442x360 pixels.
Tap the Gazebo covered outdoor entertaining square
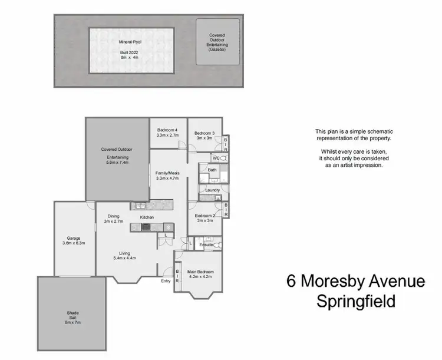217,41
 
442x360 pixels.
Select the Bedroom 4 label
167,130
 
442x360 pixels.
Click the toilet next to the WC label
223,158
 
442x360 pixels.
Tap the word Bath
212,170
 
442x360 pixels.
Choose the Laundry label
212,190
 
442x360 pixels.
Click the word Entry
166,281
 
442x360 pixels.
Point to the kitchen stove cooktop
146,226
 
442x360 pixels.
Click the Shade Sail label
72,313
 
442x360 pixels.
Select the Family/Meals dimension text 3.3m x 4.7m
167,178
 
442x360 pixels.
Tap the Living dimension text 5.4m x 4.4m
124,258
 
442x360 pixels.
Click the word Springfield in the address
356,302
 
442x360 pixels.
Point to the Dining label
114,216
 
